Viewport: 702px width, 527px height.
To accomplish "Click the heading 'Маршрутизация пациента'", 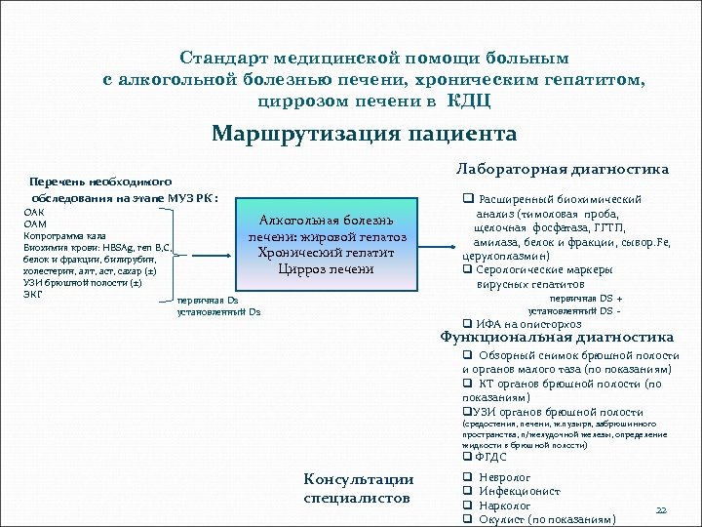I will click(x=364, y=134).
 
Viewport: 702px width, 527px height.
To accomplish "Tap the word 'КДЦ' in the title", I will click(x=468, y=101).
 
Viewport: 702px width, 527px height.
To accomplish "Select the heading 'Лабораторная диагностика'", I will click(x=563, y=169).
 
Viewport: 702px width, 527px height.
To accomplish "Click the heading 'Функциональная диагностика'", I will click(x=557, y=337).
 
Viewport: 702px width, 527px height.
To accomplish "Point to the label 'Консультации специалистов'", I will click(x=358, y=489).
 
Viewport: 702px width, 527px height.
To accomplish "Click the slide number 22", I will click(x=660, y=510).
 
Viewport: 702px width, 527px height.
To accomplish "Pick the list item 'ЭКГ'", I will click(x=32, y=292).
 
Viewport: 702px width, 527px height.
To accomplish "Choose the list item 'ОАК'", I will click(x=33, y=212).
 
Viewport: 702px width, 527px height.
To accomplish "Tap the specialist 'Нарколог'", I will click(x=505, y=506).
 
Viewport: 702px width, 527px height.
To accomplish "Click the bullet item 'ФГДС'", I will click(x=489, y=457).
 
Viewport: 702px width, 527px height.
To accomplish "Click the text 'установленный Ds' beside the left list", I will click(x=218, y=312).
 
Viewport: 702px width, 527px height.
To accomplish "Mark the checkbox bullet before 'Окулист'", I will click(x=467, y=519).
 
